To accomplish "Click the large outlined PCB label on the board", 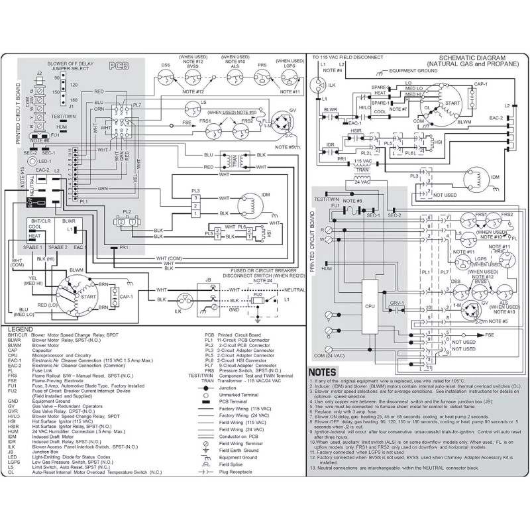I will (x=119, y=66).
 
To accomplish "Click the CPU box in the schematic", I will (x=370, y=307).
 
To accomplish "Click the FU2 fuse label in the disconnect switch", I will (x=257, y=293).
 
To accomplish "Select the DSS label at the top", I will (x=166, y=65).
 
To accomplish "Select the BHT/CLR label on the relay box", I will (x=37, y=220).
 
